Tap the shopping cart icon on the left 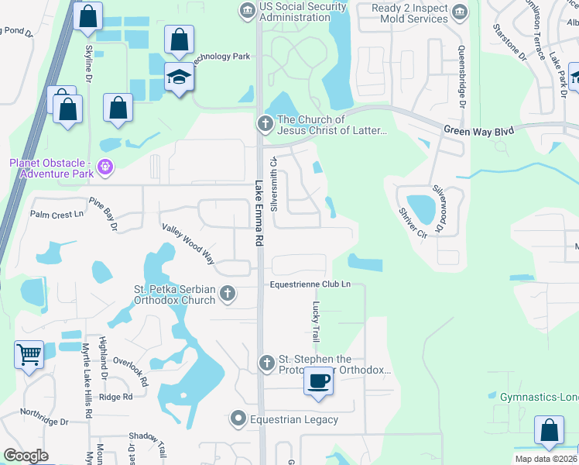(x=29, y=356)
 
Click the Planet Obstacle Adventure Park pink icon (x=106, y=167)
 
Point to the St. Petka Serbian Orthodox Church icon (x=227, y=293)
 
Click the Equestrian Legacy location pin (x=239, y=419)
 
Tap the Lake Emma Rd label (x=260, y=215)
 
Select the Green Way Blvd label (x=478, y=132)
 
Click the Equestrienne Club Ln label (x=310, y=284)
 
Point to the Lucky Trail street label (x=315, y=322)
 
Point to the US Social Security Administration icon (x=247, y=10)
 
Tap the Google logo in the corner (x=26, y=455)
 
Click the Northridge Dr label (x=44, y=416)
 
